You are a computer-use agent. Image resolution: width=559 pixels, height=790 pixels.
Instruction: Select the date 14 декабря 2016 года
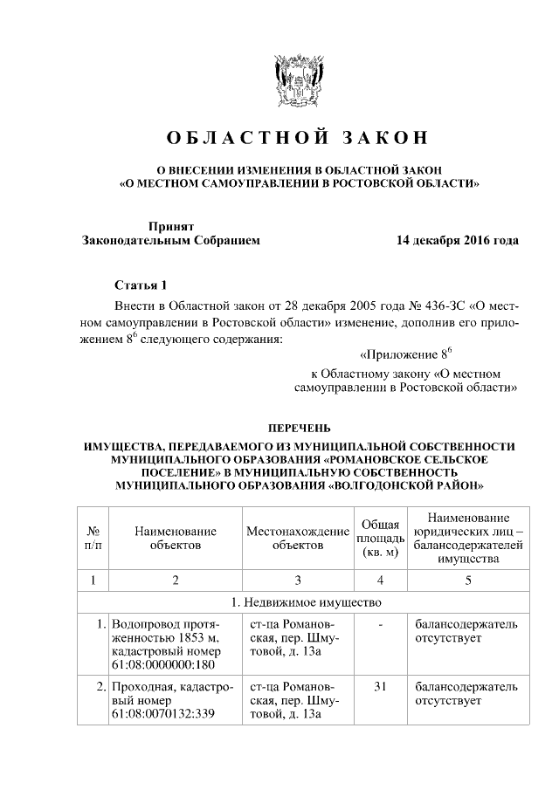[457, 240]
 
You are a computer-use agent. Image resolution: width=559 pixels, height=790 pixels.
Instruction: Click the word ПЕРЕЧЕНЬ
[298, 428]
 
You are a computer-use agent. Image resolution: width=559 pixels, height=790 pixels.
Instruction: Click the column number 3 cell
[297, 580]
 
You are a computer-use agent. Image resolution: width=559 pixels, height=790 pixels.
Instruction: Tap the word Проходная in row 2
[140, 687]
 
